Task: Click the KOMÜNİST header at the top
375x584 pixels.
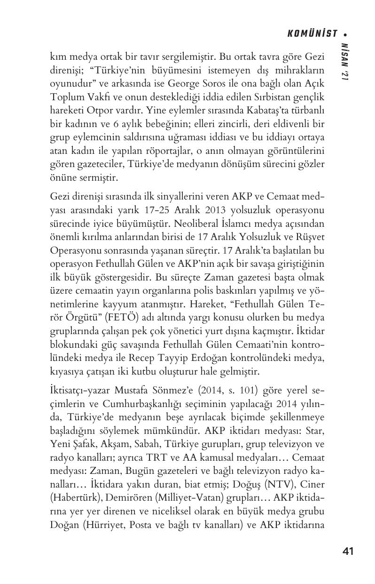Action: click(312, 33)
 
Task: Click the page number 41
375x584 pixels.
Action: click(348, 551)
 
